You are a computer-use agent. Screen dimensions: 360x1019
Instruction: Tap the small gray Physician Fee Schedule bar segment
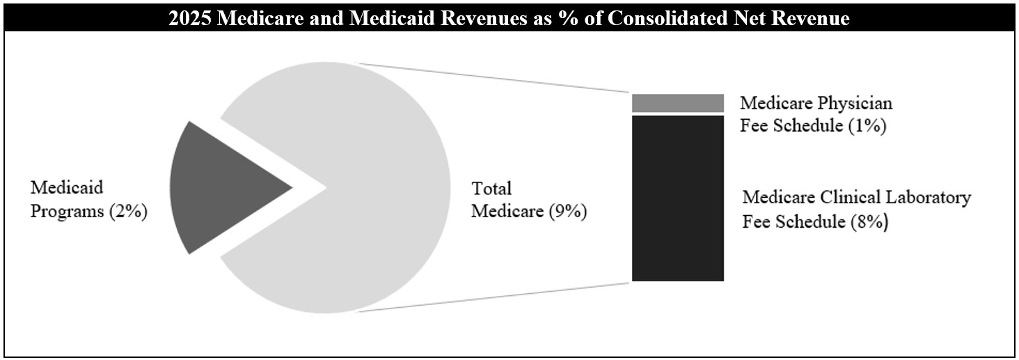coord(677,102)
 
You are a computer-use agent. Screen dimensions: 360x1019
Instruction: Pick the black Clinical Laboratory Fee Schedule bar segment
coord(677,198)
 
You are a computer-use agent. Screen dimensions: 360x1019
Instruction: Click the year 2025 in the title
coord(188,19)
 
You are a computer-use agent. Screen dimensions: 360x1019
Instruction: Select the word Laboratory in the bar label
coord(929,198)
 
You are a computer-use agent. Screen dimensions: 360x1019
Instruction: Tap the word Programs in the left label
coord(68,212)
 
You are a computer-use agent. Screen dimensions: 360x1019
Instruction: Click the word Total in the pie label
coord(491,189)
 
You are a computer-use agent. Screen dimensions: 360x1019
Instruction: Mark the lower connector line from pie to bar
coord(494,297)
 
